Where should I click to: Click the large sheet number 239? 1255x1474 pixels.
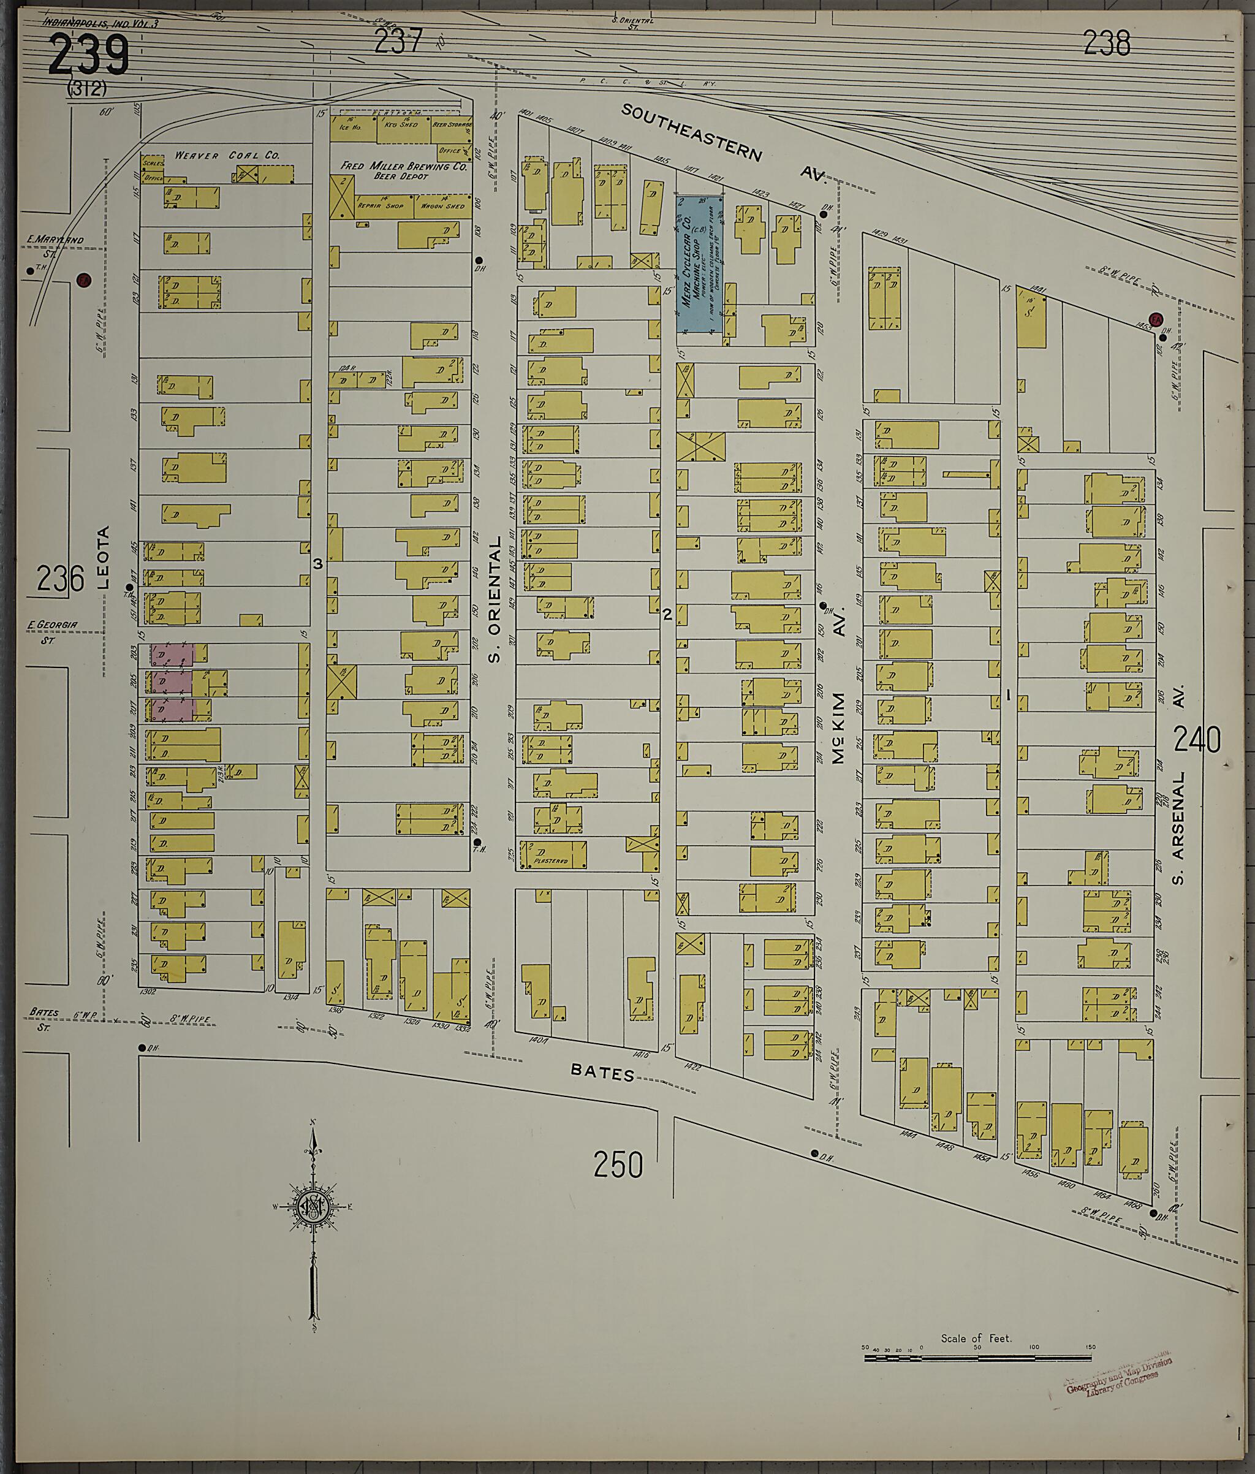pos(89,56)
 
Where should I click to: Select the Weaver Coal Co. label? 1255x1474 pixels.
pos(227,155)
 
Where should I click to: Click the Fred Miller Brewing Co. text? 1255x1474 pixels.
pos(403,167)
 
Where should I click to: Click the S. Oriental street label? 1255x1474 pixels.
pos(495,599)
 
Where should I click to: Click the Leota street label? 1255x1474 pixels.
pos(104,557)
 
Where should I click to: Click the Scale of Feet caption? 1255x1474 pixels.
pos(976,1338)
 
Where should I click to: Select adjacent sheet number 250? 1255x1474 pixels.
pos(618,1164)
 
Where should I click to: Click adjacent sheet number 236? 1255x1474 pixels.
pos(61,579)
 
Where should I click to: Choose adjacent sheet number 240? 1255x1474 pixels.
pos(1197,740)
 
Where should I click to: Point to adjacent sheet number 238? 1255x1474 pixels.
pos(1107,44)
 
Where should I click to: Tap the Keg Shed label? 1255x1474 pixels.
pos(401,124)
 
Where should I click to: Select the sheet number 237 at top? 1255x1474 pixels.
pos(398,41)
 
